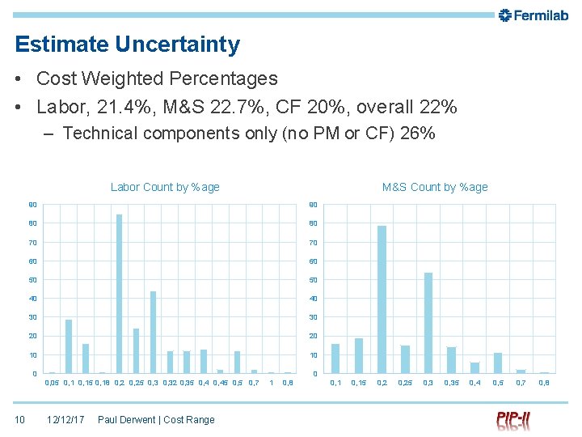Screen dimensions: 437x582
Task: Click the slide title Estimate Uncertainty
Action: coord(127,45)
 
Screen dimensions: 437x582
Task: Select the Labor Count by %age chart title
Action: coord(165,187)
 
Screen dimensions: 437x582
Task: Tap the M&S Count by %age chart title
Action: coord(435,187)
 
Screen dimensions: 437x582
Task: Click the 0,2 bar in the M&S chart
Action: coord(382,299)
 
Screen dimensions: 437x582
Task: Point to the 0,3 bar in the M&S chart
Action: coord(428,323)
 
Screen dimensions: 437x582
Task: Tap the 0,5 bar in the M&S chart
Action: coord(498,363)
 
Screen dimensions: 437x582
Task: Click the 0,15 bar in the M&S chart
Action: coord(358,356)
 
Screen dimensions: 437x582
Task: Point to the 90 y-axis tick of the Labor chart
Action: coord(33,205)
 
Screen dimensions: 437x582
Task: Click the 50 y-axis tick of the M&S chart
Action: coord(314,280)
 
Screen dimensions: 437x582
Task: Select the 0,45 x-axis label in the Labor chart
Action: coord(221,382)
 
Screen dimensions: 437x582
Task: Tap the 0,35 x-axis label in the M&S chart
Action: coord(451,382)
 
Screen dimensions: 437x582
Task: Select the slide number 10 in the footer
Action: coord(20,419)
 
